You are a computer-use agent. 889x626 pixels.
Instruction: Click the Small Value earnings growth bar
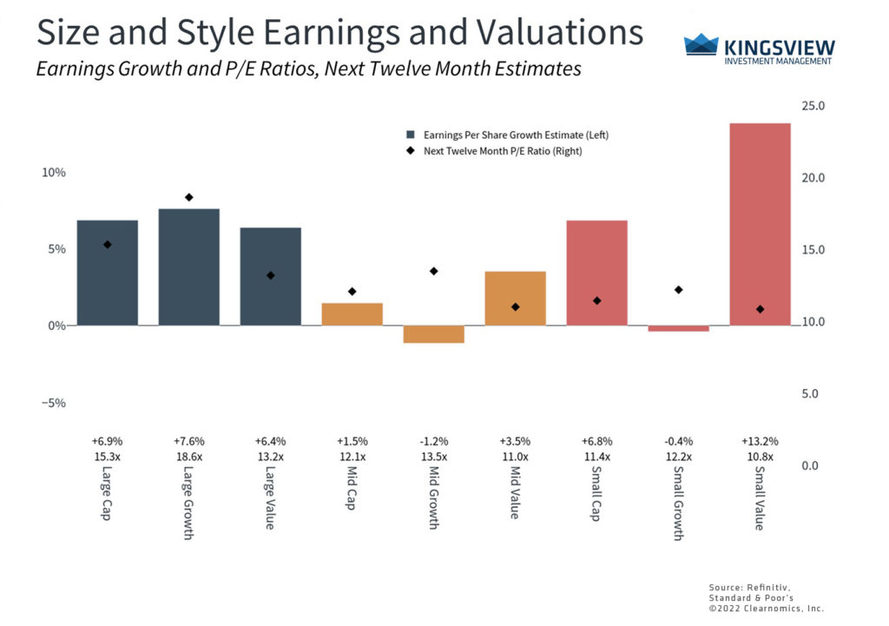pos(760,224)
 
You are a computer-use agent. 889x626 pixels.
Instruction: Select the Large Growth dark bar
pos(188,267)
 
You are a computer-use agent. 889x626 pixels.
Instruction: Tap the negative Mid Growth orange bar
pos(433,334)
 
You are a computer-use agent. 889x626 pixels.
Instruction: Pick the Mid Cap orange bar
pos(352,314)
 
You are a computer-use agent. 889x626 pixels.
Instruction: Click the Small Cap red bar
pos(596,273)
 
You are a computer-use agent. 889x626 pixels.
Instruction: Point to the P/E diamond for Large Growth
pos(188,197)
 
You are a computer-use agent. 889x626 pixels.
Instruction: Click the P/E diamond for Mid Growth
pos(433,271)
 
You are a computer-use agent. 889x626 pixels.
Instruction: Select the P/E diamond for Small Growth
pos(678,289)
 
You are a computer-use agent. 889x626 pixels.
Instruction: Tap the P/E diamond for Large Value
pos(270,275)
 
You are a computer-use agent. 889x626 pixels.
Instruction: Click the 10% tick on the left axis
pos(54,173)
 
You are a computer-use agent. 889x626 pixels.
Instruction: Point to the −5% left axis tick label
pos(54,403)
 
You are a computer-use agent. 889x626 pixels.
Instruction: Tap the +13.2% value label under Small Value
pos(760,441)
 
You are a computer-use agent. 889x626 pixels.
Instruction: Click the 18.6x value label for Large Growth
pos(188,456)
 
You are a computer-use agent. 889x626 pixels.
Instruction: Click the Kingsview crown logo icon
pos(701,46)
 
